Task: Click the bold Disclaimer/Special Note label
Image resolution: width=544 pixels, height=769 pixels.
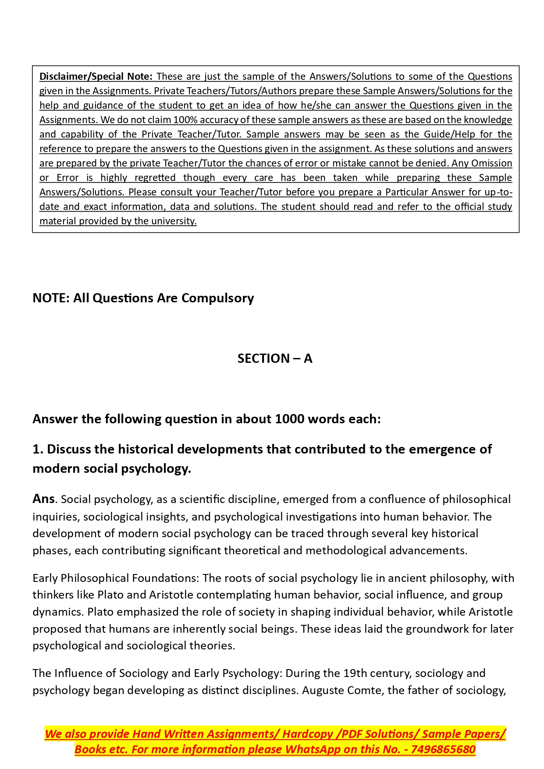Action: [x=96, y=77]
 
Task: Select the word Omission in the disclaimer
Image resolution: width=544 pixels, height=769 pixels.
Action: [x=491, y=163]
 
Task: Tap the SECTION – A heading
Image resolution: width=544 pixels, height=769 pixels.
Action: [x=275, y=359]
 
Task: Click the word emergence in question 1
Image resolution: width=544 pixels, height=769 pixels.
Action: [x=443, y=450]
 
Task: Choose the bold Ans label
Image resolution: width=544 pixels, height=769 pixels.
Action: [x=43, y=499]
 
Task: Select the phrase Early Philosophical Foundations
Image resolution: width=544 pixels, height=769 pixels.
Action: [x=116, y=578]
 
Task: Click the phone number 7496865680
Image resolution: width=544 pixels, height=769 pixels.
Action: [x=443, y=750]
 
